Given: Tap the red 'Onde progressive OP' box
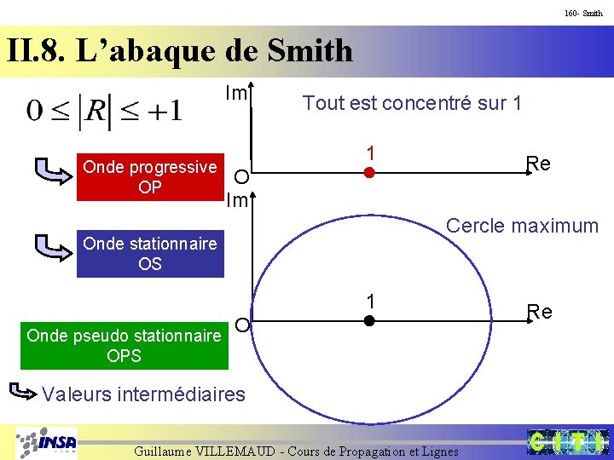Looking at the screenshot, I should click(150, 177).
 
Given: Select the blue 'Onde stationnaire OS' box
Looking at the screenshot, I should click(150, 254).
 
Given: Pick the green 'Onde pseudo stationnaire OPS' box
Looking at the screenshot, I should click(125, 345).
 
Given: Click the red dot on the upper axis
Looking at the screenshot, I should click(369, 174).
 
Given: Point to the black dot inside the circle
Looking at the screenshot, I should click(369, 321).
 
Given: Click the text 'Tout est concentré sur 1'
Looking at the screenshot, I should click(412, 104).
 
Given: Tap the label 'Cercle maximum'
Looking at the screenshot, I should click(522, 226).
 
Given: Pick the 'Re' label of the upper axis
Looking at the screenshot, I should click(538, 163).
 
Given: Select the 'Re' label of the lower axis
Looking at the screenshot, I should click(539, 311).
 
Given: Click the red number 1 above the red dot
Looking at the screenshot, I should click(370, 152).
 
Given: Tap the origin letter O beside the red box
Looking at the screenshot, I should click(242, 177).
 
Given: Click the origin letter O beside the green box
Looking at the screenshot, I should click(242, 325).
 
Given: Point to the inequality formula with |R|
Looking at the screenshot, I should click(104, 111).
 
